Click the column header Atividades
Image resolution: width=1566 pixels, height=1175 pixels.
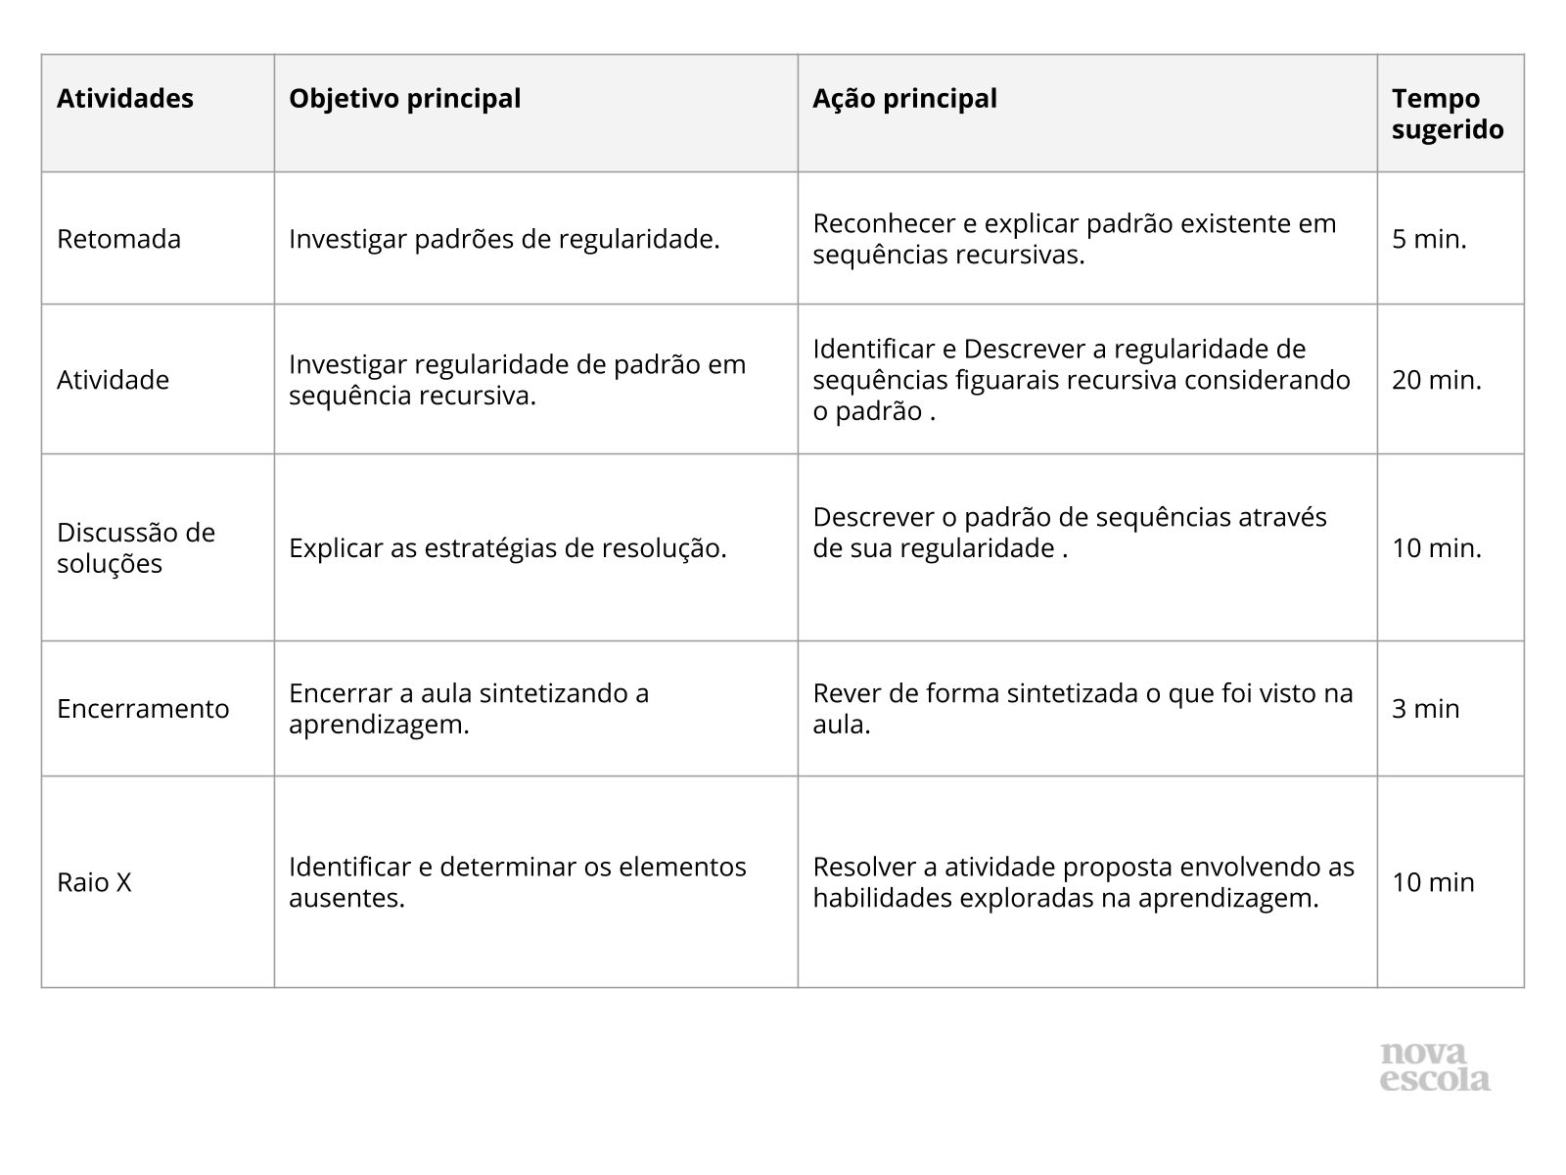[x=125, y=99]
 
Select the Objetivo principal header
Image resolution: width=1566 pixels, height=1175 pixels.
[x=404, y=99]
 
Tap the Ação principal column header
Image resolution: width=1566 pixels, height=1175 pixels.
[x=904, y=99]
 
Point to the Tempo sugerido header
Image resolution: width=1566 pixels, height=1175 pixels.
[x=1448, y=115]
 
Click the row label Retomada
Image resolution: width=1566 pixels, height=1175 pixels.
[x=118, y=239]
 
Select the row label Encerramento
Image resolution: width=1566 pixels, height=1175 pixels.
[x=143, y=709]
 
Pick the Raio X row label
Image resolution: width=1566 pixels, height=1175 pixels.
[x=94, y=882]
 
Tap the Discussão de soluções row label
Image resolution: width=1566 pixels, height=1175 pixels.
[x=135, y=548]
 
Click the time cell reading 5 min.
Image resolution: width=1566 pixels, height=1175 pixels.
[x=1429, y=239]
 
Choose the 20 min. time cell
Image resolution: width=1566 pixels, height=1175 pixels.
[x=1437, y=380]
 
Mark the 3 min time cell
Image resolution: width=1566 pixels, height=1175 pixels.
[x=1425, y=709]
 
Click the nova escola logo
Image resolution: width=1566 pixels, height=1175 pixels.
[x=1435, y=1066]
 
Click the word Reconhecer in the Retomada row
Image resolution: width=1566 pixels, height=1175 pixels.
[x=884, y=223]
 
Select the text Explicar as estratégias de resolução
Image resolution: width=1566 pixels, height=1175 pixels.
[x=507, y=548]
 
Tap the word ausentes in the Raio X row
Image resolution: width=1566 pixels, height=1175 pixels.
[x=346, y=898]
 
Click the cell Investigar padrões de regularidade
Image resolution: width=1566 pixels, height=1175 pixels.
[x=504, y=239]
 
